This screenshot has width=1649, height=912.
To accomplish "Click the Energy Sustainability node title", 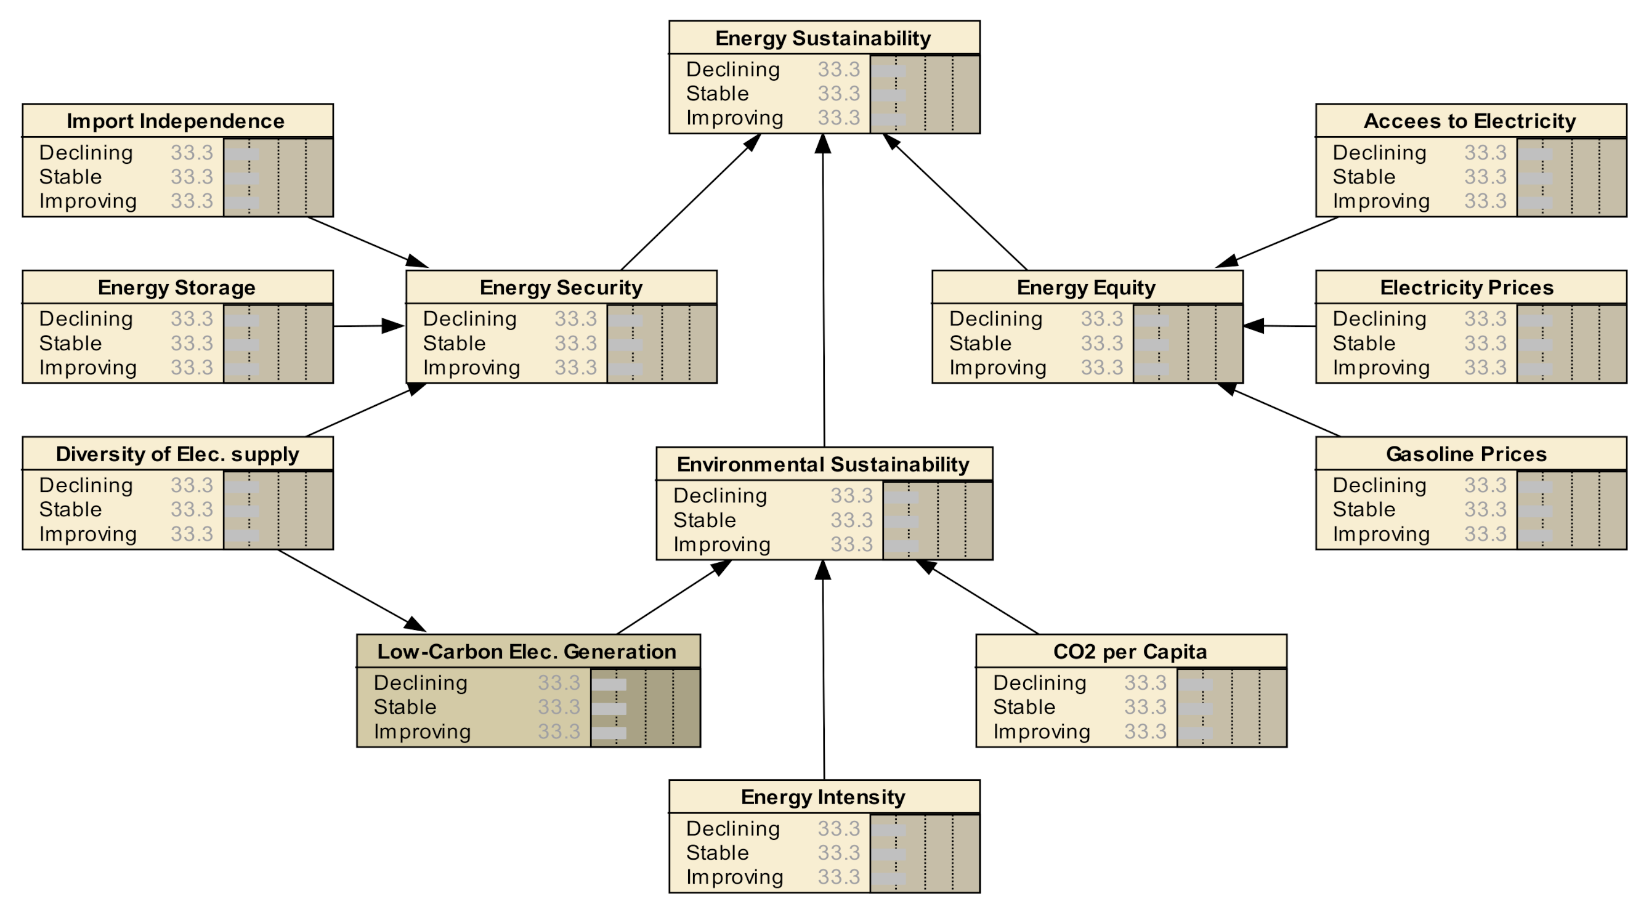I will click(823, 38).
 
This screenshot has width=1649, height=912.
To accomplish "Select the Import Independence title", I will click(176, 121).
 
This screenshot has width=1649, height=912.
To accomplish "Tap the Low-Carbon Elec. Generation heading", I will click(527, 652).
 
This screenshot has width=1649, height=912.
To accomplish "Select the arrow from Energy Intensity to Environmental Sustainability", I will click(823, 672).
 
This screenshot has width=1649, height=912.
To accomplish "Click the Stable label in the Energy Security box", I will click(454, 344).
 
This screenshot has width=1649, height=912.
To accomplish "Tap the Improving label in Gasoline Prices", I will click(1381, 534).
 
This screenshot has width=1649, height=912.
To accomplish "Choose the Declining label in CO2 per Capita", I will click(1040, 683).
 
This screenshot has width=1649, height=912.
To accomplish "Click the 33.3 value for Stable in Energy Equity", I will click(1101, 344).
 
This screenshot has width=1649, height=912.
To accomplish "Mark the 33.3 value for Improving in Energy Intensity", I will click(838, 877).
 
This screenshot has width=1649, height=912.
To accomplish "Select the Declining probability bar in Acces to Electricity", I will click(1535, 153).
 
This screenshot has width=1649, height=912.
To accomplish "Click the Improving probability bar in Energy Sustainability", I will click(888, 119).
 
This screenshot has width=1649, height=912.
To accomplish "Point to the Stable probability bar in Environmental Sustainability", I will click(901, 521).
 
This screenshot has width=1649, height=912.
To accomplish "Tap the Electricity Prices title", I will click(1467, 288).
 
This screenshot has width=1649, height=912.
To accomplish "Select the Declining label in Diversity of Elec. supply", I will click(86, 485).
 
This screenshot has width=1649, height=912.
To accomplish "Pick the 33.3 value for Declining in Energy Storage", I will click(192, 319).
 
